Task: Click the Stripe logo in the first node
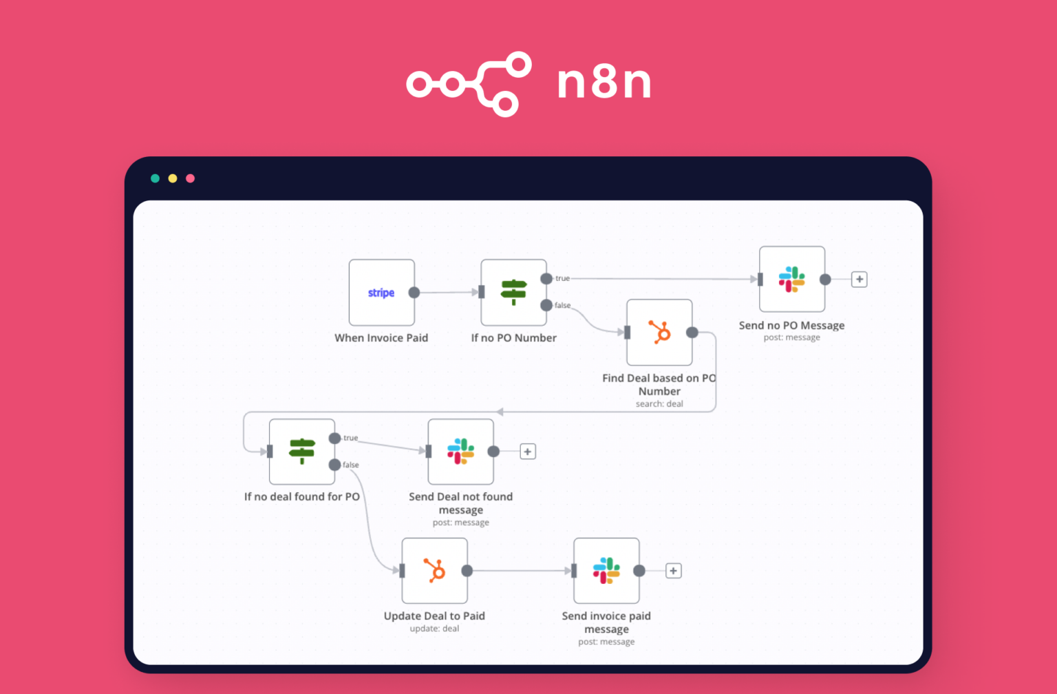(381, 293)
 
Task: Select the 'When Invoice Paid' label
(381, 338)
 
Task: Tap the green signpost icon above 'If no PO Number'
(513, 292)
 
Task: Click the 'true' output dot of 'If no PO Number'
(546, 279)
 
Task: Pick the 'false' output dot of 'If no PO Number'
(546, 305)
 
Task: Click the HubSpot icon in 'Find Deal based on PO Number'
(659, 333)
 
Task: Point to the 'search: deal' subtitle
(659, 404)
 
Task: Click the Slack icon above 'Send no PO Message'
(791, 280)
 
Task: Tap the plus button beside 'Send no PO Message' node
(859, 280)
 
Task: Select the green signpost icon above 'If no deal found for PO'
(301, 452)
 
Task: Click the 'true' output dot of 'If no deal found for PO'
(334, 439)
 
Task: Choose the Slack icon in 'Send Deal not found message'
(460, 452)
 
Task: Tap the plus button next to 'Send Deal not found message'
(528, 452)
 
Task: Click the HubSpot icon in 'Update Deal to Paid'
(434, 571)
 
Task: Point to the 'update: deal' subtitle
(434, 629)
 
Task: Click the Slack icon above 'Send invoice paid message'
(606, 571)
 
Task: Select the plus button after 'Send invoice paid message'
(674, 571)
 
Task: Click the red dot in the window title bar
(191, 178)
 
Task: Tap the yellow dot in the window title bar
(173, 178)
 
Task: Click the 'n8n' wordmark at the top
(604, 83)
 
